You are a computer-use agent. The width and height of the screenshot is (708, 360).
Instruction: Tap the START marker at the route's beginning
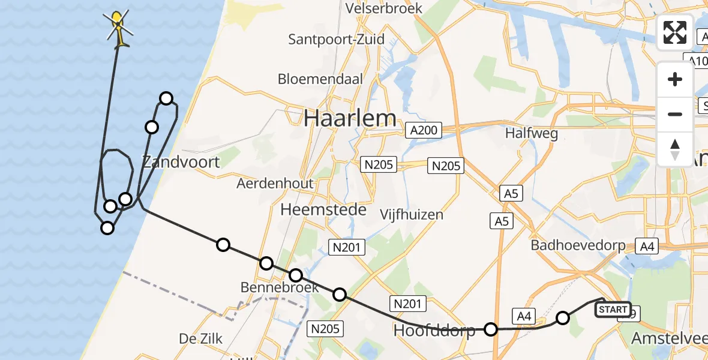(613, 310)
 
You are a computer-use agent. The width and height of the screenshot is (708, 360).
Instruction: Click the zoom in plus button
(675, 80)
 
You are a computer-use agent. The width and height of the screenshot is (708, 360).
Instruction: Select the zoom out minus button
(675, 114)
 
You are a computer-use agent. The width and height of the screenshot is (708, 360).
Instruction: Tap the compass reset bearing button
(675, 148)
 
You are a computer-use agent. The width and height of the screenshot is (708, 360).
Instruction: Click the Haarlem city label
(350, 118)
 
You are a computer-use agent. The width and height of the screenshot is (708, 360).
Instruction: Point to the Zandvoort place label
(181, 161)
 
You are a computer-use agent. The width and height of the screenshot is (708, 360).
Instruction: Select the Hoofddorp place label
(434, 330)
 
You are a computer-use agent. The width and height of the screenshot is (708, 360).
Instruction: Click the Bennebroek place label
(280, 287)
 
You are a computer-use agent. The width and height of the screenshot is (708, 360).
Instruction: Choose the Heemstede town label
(323, 209)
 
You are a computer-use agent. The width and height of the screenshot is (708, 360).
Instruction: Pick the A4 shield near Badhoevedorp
(646, 245)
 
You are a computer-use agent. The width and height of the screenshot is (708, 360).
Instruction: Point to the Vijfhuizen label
(412, 214)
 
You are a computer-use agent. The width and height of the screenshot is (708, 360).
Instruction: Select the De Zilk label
(201, 339)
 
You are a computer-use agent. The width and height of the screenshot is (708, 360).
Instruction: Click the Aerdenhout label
(275, 183)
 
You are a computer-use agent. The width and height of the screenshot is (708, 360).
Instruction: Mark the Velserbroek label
(385, 8)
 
